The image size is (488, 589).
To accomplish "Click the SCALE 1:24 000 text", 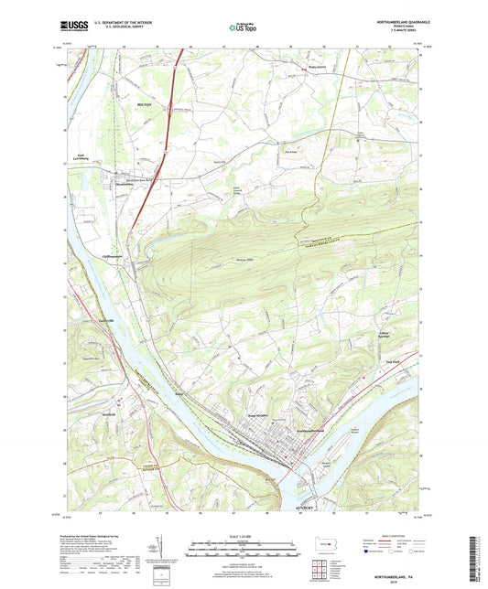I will pos(244,536).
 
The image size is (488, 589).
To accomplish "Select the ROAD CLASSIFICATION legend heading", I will pos(403,533).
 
